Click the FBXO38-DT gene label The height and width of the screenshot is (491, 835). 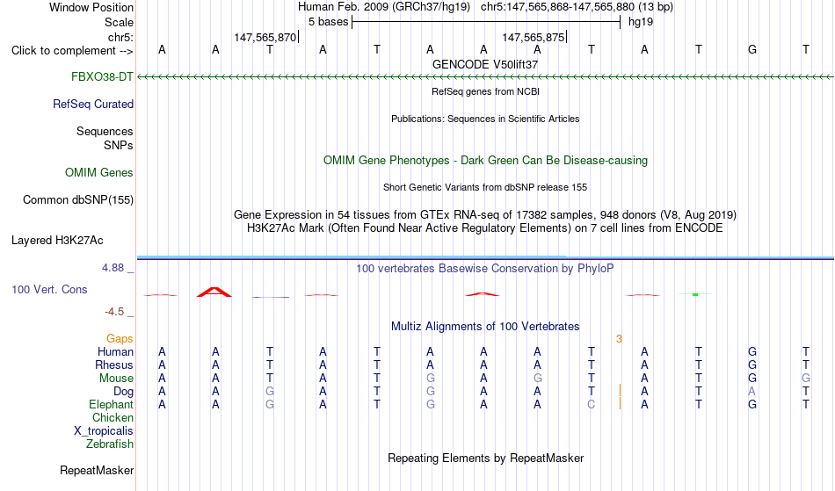coord(102,77)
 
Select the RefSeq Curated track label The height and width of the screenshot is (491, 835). coord(93,105)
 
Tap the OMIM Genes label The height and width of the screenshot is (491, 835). coord(99,173)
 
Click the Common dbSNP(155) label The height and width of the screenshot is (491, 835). coord(78,200)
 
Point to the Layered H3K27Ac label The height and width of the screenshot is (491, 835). coord(57,241)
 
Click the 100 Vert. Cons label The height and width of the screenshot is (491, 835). coord(49,289)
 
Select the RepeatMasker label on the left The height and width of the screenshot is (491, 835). coord(97,470)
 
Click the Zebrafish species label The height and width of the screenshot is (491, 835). coord(110,444)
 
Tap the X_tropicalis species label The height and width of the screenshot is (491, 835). coord(104,431)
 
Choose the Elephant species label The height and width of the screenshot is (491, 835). coord(112,404)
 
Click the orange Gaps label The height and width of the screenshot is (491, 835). coord(120,338)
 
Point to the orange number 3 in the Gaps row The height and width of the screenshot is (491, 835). coord(619,339)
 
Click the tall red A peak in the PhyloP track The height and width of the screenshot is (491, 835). coord(214,292)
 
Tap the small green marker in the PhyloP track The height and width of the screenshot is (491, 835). coord(695,294)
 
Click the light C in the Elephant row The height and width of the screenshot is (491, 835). coord(592,404)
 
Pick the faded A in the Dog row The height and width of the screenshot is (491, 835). coord(751,391)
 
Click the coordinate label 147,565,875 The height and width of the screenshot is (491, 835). coord(533,37)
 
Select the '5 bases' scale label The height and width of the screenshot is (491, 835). coord(328,22)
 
